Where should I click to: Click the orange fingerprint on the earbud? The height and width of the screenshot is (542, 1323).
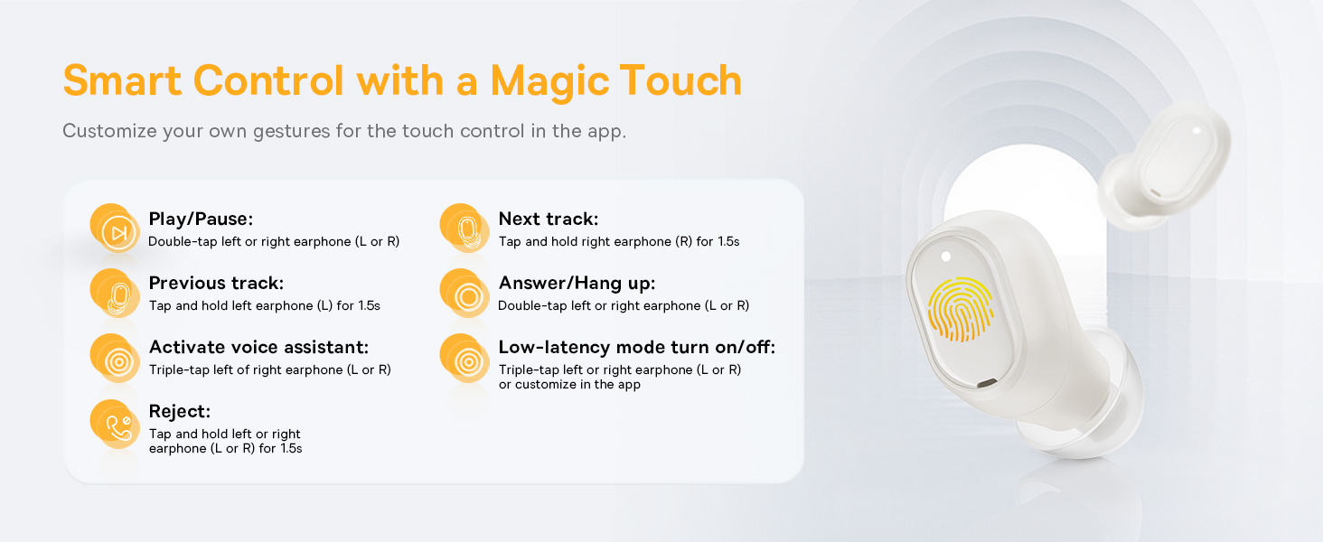tap(961, 309)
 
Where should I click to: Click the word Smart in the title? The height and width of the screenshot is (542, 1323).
tap(122, 80)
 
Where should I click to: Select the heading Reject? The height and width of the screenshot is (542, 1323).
tap(180, 411)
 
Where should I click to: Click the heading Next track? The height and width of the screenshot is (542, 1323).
tap(549, 219)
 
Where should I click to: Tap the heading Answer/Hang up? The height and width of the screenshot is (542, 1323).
tap(577, 284)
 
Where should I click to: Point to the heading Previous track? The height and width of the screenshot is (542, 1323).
tap(216, 284)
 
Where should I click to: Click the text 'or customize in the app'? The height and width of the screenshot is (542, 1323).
tap(569, 384)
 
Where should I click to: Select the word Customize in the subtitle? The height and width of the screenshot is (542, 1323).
tap(110, 130)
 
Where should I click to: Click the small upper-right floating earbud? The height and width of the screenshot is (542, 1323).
tap(1165, 166)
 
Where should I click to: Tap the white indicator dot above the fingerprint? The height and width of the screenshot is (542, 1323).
tap(945, 257)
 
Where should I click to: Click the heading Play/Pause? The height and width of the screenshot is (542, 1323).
tap(201, 219)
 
